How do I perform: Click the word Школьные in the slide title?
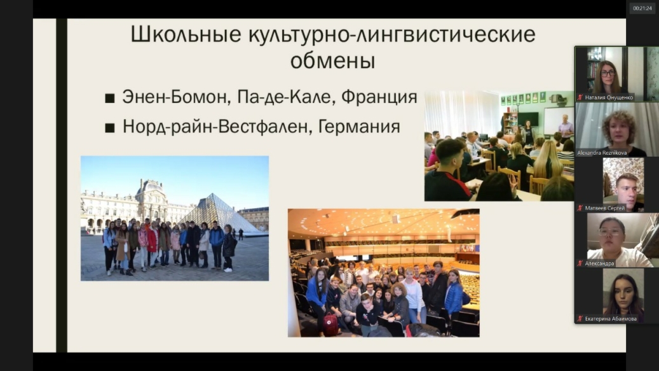point(186,34)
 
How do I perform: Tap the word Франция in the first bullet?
point(379,97)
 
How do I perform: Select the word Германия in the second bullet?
point(359,127)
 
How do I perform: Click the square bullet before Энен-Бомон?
point(110,99)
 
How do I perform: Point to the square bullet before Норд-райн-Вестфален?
point(110,128)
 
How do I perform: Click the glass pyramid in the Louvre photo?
point(219,213)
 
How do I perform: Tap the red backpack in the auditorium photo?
point(330,325)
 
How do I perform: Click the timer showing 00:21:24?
point(642,8)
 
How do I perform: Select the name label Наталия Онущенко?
point(609,97)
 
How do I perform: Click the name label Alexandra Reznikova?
point(602,153)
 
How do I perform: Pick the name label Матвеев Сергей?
point(605,208)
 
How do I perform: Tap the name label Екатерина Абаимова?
point(611,319)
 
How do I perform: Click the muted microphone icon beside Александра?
point(580,263)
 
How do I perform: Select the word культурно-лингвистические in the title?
point(391,34)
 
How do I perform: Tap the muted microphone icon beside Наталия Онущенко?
point(580,97)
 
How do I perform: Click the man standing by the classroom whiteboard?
point(566,127)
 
